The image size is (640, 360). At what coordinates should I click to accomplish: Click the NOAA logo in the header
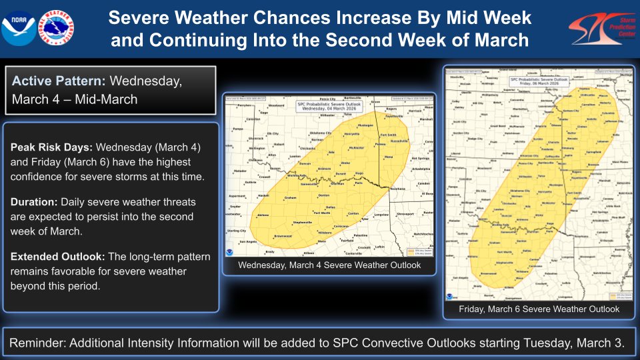point(19,27)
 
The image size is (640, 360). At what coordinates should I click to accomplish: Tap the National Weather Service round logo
point(57,27)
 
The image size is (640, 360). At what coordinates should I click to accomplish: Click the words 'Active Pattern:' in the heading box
point(58,81)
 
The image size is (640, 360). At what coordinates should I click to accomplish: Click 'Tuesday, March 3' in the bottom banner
point(579,343)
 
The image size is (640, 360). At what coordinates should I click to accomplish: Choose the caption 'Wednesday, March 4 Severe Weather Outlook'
point(329,265)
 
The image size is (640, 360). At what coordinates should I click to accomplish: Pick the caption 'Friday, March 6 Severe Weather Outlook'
point(539,309)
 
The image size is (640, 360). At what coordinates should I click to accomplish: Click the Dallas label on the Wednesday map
point(331,207)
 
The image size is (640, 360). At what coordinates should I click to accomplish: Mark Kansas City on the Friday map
point(568,110)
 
